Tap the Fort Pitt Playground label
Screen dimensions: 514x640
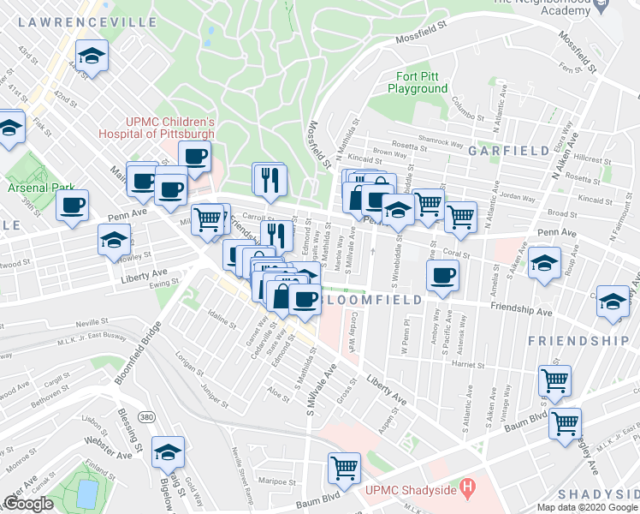point(418,82)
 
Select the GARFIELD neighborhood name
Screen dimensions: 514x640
point(508,151)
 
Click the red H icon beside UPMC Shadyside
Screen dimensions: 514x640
point(466,489)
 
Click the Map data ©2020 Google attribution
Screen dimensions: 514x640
point(587,507)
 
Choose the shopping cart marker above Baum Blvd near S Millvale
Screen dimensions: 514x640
point(344,468)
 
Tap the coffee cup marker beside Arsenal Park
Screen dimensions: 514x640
point(72,206)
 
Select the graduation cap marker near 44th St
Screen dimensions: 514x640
point(92,56)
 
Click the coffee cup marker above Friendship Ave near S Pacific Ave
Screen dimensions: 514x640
point(442,275)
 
